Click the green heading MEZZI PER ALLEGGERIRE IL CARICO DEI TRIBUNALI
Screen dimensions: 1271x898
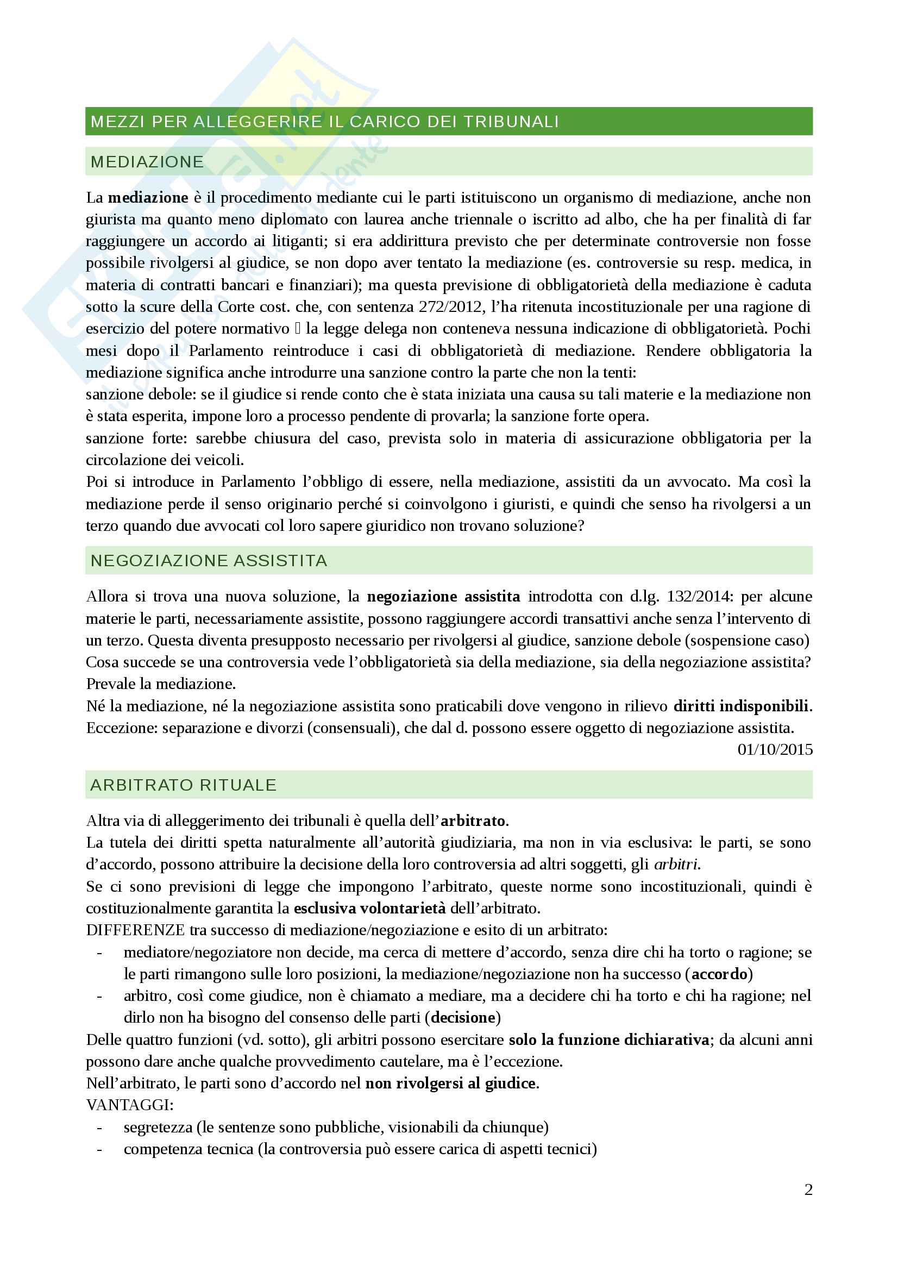tap(325, 122)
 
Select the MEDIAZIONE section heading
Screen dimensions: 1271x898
tap(147, 161)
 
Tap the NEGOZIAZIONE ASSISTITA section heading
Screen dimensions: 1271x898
tap(209, 561)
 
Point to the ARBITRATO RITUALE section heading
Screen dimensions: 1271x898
tap(183, 785)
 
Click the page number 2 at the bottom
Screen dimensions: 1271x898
tap(808, 1189)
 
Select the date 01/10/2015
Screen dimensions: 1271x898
tap(775, 749)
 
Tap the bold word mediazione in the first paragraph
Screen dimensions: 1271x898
tap(148, 198)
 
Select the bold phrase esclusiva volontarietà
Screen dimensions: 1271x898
tap(369, 908)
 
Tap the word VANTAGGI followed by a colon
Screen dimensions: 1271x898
tap(130, 1105)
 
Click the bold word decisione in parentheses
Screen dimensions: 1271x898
tap(463, 1017)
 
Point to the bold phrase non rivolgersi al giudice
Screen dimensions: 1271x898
tap(450, 1084)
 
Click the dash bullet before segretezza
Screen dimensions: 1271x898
tap(99, 1127)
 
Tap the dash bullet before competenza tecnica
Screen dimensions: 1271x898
tap(99, 1149)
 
